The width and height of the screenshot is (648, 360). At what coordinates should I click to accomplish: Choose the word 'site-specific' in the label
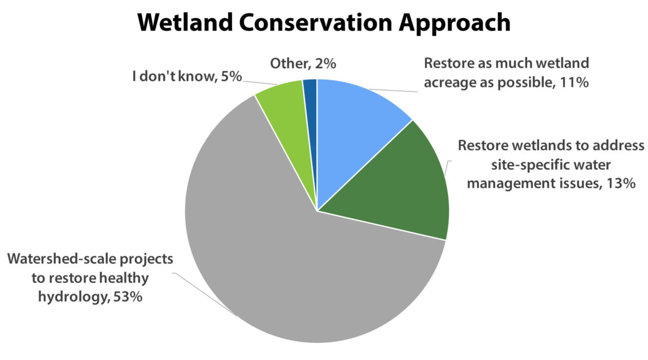514,165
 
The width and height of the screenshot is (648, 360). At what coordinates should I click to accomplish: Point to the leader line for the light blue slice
395,91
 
